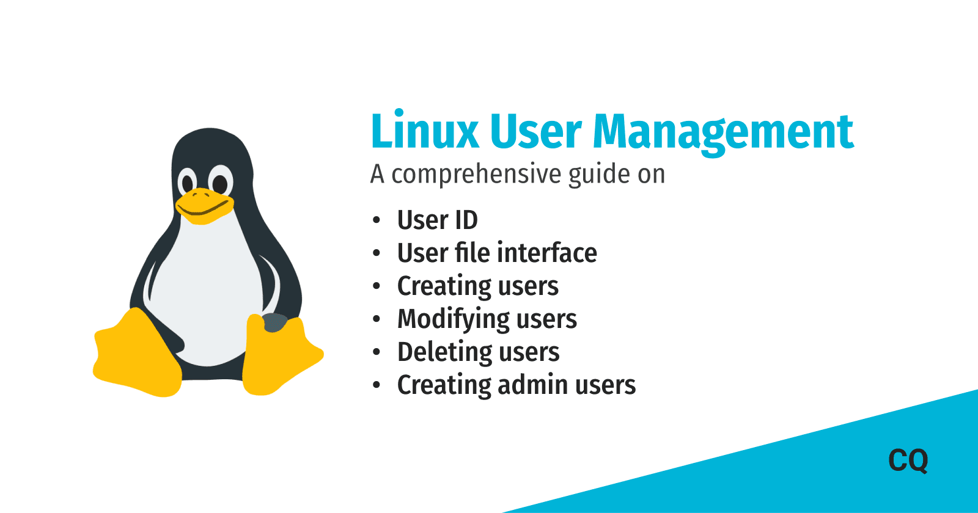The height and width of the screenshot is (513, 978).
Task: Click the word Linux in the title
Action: [425, 131]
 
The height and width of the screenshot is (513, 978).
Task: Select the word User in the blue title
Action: [535, 131]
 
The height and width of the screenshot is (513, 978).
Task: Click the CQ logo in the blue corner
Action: [908, 460]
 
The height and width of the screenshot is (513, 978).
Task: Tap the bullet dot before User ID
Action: [377, 220]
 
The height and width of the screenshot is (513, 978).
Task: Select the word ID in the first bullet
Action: [466, 220]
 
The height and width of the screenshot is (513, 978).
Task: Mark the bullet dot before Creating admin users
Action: [377, 385]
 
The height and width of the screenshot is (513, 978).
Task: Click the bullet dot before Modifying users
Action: [377, 319]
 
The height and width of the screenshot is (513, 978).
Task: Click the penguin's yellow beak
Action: [203, 205]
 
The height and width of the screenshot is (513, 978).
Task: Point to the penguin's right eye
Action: [219, 183]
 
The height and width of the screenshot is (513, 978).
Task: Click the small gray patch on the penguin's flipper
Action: [274, 322]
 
